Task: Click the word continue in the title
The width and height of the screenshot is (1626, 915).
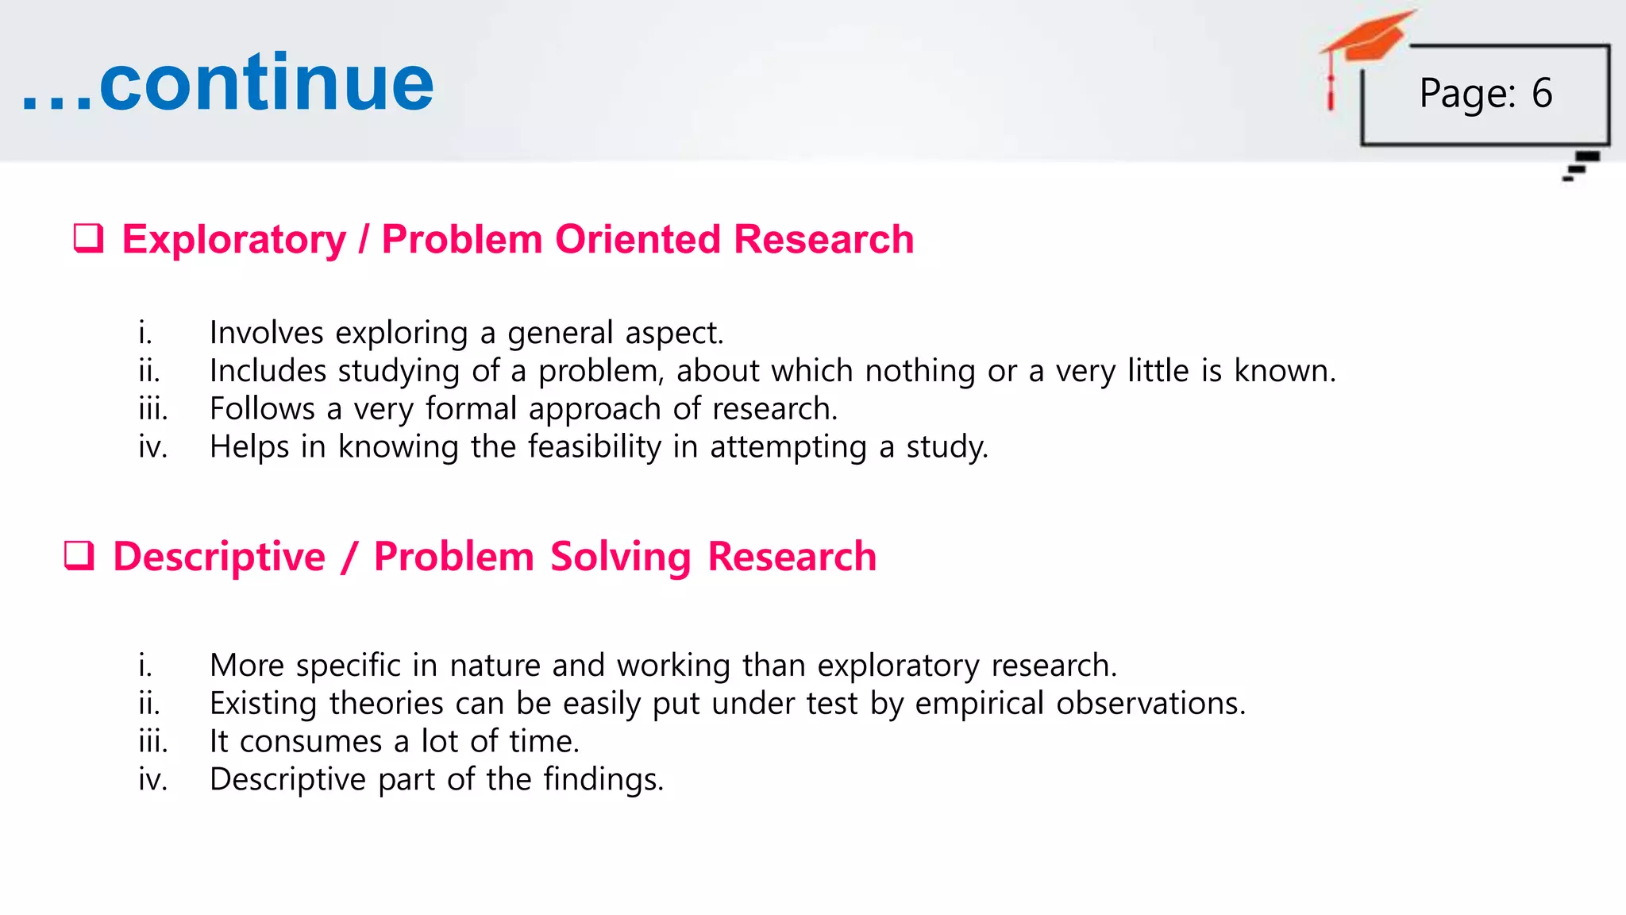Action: tap(266, 83)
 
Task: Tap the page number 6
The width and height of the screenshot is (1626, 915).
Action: tap(1542, 94)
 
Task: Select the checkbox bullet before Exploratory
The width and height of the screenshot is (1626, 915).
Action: tap(88, 238)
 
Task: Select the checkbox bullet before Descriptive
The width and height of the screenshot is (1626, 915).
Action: tap(79, 555)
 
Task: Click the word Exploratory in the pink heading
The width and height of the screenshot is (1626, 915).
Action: tap(234, 239)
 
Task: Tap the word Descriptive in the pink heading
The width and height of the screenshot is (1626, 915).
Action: tap(219, 556)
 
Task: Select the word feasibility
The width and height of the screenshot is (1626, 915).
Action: tap(594, 446)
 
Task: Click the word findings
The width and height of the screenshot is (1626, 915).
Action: tap(603, 779)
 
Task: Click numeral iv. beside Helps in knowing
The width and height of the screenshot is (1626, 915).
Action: tap(152, 446)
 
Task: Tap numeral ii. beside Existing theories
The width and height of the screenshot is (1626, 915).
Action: tap(148, 704)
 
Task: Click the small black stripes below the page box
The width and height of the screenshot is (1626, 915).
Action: tap(1581, 166)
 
